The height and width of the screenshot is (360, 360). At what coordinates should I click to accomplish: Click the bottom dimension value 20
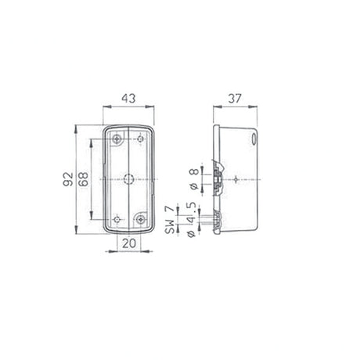pyautogui.click(x=129, y=244)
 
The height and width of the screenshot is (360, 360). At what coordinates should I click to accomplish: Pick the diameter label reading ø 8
pyautogui.click(x=193, y=175)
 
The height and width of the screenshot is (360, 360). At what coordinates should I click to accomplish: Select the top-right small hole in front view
pyautogui.click(x=141, y=139)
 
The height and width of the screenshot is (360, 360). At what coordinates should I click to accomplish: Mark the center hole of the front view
pyautogui.click(x=129, y=178)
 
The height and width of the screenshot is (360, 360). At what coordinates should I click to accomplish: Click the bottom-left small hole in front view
pyautogui.click(x=117, y=219)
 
